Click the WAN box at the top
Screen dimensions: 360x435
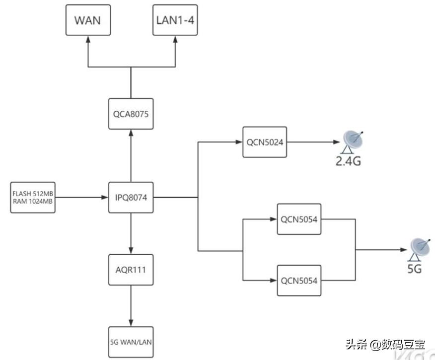pos(88,20)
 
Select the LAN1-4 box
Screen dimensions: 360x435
pos(175,20)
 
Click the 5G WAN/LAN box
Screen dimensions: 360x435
pos(131,342)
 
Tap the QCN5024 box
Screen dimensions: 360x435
pos(265,142)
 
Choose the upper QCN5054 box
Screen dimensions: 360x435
pos(299,219)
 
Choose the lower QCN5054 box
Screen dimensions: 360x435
pos(299,281)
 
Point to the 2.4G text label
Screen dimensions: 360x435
pos(347,161)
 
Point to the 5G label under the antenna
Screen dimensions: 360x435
pos(414,269)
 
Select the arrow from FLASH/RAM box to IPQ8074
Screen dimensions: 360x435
pos(81,198)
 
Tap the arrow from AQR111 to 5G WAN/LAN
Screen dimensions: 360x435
pos(131,305)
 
